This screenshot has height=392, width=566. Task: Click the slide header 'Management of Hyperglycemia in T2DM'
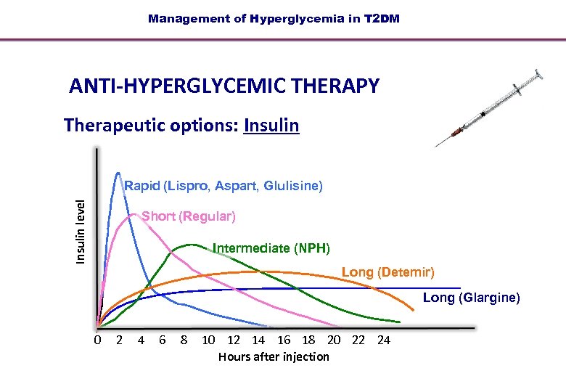[x=274, y=19]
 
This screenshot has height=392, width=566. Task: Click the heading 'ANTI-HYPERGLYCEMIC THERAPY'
[x=224, y=86]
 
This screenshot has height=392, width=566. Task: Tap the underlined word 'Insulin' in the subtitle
[x=271, y=126]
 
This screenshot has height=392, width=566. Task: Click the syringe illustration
[x=491, y=108]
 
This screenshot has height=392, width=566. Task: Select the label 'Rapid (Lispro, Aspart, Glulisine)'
[x=223, y=186]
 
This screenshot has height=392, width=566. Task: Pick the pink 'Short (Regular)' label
[x=189, y=216]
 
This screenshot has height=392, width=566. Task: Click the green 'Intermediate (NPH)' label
[x=271, y=249]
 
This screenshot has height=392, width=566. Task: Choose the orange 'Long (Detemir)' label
[x=387, y=272]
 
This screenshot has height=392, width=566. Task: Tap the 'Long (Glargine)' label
[x=471, y=298]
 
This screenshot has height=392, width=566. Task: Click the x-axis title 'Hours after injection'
[x=274, y=356]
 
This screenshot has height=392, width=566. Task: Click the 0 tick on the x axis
[x=98, y=340]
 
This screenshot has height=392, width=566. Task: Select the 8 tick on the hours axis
[x=184, y=340]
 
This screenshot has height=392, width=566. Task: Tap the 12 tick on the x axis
[x=234, y=340]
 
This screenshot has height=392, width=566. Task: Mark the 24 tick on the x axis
[x=384, y=340]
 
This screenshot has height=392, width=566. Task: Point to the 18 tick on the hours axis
[x=308, y=340]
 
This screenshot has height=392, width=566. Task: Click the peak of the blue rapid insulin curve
[x=118, y=173]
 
